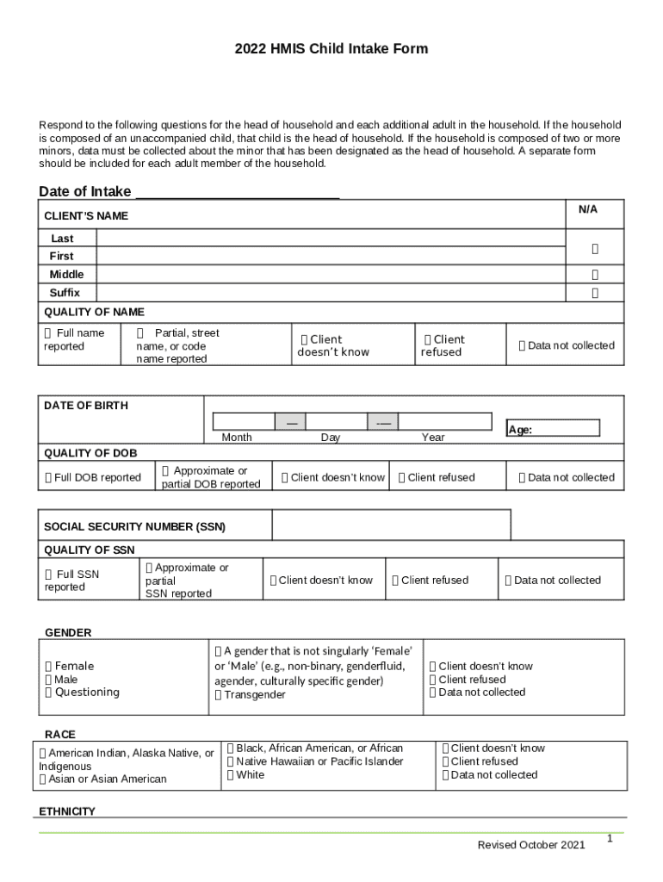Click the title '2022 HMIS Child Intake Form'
(x=331, y=49)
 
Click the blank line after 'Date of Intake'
(x=238, y=192)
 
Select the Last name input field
(x=330, y=239)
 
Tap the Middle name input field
(x=330, y=275)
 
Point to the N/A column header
(x=588, y=210)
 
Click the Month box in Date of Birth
(x=244, y=422)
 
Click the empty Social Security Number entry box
(x=391, y=525)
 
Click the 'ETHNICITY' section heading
(x=67, y=811)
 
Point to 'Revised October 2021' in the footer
(x=531, y=845)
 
